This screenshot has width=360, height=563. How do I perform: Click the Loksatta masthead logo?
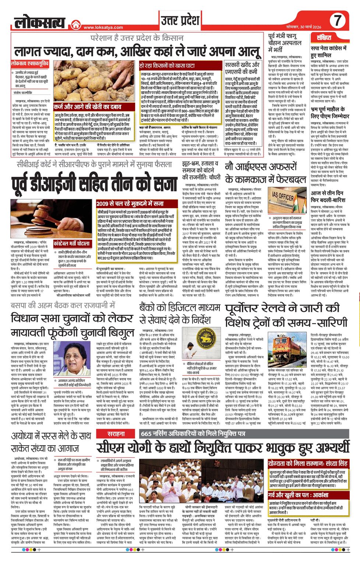click(40, 22)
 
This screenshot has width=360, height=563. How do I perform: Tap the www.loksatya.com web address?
click(98, 27)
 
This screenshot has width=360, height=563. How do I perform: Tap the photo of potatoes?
click(95, 81)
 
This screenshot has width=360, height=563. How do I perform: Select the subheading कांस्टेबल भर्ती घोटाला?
click(71, 243)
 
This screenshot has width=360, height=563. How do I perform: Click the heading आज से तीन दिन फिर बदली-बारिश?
click(327, 196)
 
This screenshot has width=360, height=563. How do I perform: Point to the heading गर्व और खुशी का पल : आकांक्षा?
click(299, 495)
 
